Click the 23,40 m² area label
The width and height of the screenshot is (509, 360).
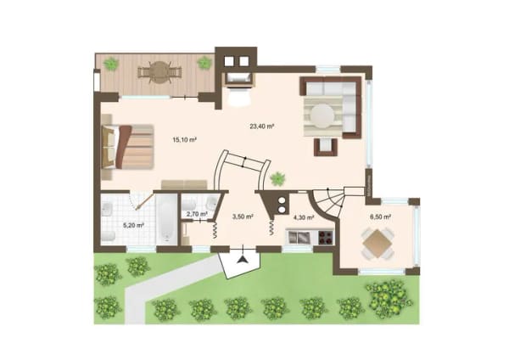point(262,127)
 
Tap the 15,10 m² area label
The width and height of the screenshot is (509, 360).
point(185,140)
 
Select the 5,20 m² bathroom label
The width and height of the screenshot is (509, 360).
point(133,225)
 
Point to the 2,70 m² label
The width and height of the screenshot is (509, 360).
point(197,214)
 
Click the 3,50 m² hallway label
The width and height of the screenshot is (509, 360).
point(243,217)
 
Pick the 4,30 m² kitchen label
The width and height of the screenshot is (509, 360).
point(304,217)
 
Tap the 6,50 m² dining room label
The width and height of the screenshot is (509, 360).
point(380,217)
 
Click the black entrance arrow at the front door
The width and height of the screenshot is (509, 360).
point(242,260)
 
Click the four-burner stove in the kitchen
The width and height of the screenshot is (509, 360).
point(326,237)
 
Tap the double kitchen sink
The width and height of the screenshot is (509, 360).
point(300,237)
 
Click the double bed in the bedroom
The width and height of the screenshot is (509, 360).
point(127,147)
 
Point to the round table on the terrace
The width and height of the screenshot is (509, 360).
point(159,72)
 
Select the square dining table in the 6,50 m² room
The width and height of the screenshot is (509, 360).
point(378,243)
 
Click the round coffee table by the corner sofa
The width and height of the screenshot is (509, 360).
point(322,115)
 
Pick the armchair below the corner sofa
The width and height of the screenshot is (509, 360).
point(326,147)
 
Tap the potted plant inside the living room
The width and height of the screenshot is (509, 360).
point(278,178)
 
